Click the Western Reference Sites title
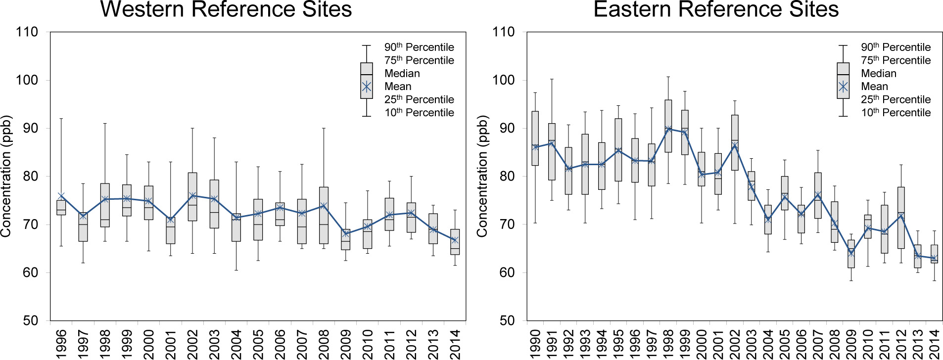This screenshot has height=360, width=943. pyautogui.click(x=226, y=9)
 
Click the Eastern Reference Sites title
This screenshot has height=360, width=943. pyautogui.click(x=716, y=9)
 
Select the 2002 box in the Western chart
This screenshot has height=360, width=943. pyautogui.click(x=192, y=197)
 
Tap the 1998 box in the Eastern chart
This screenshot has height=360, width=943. pyautogui.click(x=668, y=126)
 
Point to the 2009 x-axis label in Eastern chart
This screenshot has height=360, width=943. pyautogui.click(x=851, y=344)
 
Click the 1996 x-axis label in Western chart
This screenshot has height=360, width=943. pyautogui.click(x=61, y=344)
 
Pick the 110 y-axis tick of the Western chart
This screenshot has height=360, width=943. pyautogui.click(x=27, y=32)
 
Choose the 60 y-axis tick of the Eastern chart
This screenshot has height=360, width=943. pyautogui.click(x=503, y=272)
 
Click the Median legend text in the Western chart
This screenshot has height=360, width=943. pyautogui.click(x=402, y=74)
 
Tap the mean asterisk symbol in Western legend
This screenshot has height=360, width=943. pyautogui.click(x=367, y=87)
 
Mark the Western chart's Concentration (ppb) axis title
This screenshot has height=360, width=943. pyautogui.click(x=6, y=176)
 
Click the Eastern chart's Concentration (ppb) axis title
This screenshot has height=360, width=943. pyautogui.click(x=482, y=176)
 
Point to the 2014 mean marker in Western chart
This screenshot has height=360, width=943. pyautogui.click(x=455, y=240)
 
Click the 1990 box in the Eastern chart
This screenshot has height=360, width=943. pyautogui.click(x=535, y=138)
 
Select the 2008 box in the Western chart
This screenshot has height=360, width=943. pyautogui.click(x=324, y=215)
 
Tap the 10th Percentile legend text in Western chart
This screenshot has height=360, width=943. pyautogui.click(x=419, y=113)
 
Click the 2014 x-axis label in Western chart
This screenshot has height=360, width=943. pyautogui.click(x=455, y=344)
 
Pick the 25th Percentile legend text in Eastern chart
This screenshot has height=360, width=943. pyautogui.click(x=896, y=100)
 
